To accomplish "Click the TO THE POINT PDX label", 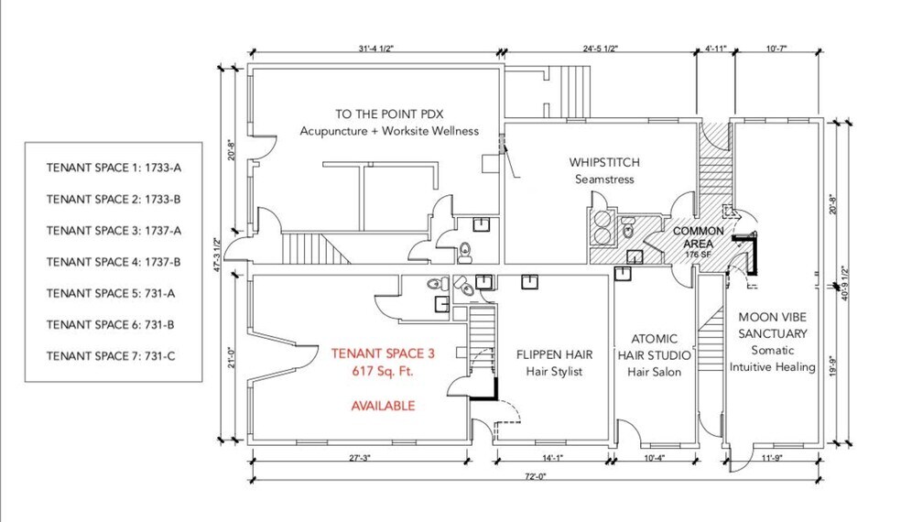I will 388,114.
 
